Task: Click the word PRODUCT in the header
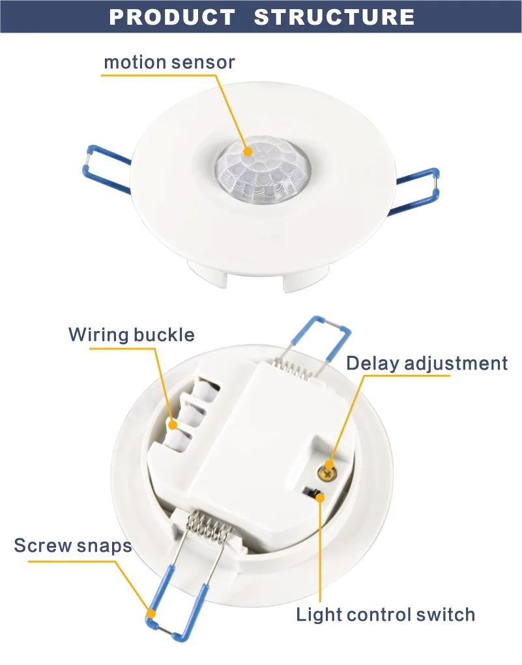(x=172, y=17)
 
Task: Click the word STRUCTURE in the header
(x=334, y=17)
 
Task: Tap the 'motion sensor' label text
(x=169, y=63)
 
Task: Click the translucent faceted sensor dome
(x=263, y=170)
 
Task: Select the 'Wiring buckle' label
(x=132, y=335)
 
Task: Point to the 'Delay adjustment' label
(x=427, y=363)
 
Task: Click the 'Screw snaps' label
(x=73, y=545)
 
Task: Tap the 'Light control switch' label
(x=386, y=614)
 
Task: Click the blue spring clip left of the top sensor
(x=108, y=170)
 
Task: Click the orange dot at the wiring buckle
(x=173, y=425)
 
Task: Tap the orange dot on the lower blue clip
(x=151, y=613)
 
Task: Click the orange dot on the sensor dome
(x=248, y=151)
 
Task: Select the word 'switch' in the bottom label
(x=447, y=614)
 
